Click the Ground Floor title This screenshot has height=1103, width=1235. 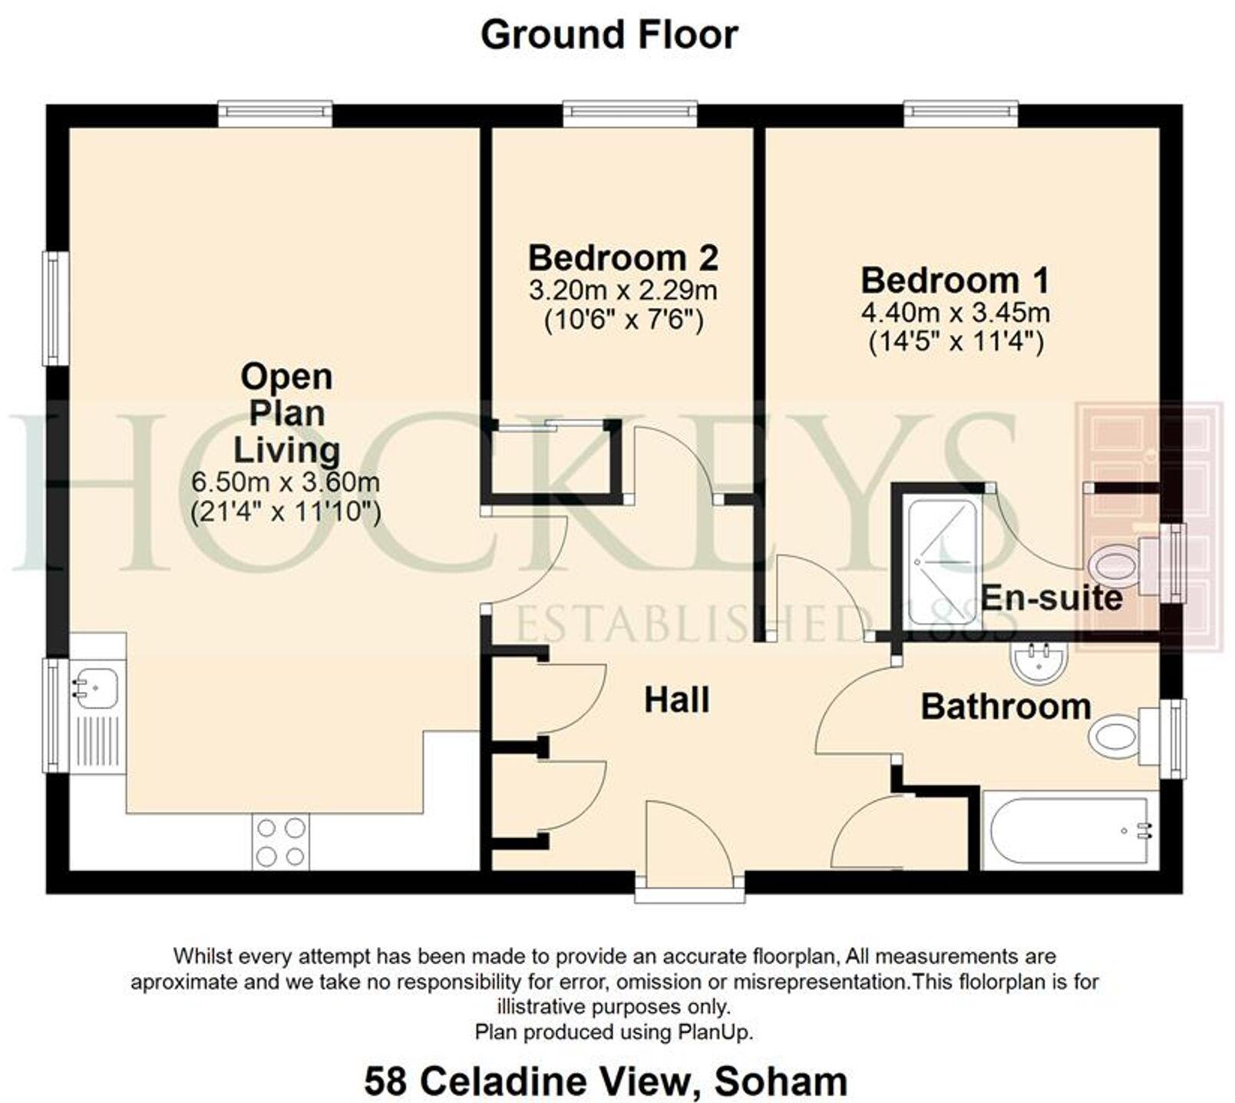pyautogui.click(x=609, y=35)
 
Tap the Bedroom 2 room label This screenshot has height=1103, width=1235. pyautogui.click(x=622, y=257)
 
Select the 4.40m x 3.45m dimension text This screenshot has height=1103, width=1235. pyautogui.click(x=955, y=313)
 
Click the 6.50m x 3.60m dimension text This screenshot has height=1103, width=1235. pyautogui.click(x=286, y=482)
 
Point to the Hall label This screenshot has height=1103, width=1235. pyautogui.click(x=676, y=701)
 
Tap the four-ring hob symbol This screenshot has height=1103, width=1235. pyautogui.click(x=281, y=842)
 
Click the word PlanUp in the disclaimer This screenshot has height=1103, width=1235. pyautogui.click(x=714, y=1032)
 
